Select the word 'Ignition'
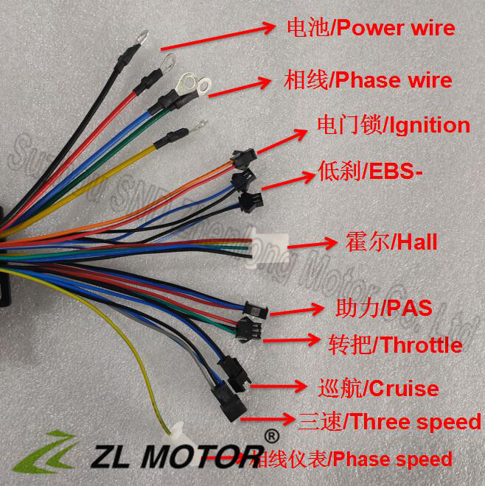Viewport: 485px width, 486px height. click(x=428, y=124)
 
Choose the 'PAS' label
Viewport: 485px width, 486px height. click(x=410, y=307)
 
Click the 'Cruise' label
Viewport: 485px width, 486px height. click(x=402, y=388)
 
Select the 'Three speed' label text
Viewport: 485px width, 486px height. click(x=415, y=422)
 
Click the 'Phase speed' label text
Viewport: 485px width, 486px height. click(x=391, y=459)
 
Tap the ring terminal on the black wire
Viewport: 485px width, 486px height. click(x=139, y=35)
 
